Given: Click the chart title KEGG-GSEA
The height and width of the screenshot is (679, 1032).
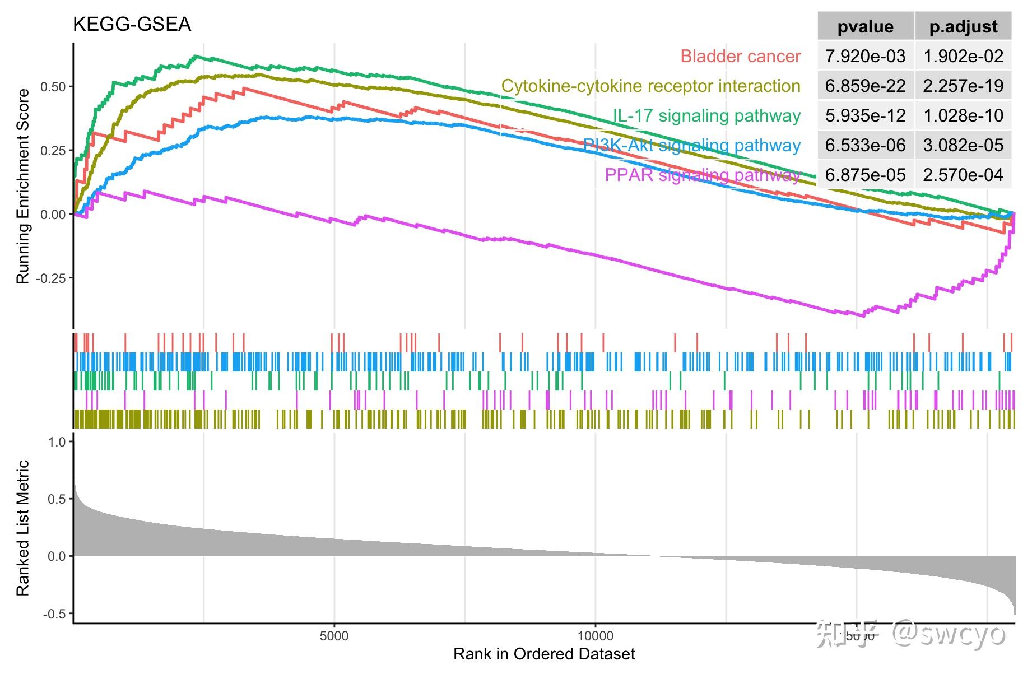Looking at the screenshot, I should tap(132, 25).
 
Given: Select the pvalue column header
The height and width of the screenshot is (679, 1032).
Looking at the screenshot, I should tap(865, 27).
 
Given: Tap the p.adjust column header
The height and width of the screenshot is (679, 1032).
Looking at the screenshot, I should tap(963, 27).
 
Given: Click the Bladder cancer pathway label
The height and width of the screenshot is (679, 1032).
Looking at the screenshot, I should tap(740, 57).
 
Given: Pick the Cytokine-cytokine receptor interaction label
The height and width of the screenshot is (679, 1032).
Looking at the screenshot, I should tap(650, 86).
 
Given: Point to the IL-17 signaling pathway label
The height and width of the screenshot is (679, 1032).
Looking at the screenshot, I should tap(706, 116).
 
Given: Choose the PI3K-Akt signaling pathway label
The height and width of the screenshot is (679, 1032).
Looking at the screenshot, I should tap(691, 146).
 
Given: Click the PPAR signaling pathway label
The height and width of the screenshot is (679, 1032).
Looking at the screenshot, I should tap(702, 175).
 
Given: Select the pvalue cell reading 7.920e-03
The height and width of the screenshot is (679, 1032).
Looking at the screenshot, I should tap(865, 57).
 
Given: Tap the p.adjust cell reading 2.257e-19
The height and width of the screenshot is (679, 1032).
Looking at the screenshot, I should tap(963, 86).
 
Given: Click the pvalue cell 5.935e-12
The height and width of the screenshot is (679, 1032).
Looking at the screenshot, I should tap(865, 116).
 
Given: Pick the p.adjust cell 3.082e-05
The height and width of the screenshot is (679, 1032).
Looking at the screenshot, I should tap(963, 146).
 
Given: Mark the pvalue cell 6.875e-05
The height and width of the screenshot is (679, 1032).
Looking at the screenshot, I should tap(865, 175).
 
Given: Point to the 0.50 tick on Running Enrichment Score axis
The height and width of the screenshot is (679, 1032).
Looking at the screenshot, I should tap(53, 87).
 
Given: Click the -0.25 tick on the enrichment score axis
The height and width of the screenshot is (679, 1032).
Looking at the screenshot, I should tap(51, 278).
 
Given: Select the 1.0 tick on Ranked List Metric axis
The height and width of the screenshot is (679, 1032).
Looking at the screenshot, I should tap(57, 442).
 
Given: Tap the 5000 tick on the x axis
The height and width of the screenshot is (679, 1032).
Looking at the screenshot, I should tap(334, 636).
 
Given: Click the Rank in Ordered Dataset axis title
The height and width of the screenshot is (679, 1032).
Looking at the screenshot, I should tap(544, 654).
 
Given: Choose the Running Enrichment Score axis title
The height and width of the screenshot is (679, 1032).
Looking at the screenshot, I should tap(23, 187).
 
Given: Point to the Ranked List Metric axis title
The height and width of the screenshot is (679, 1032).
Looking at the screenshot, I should tap(23, 528).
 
